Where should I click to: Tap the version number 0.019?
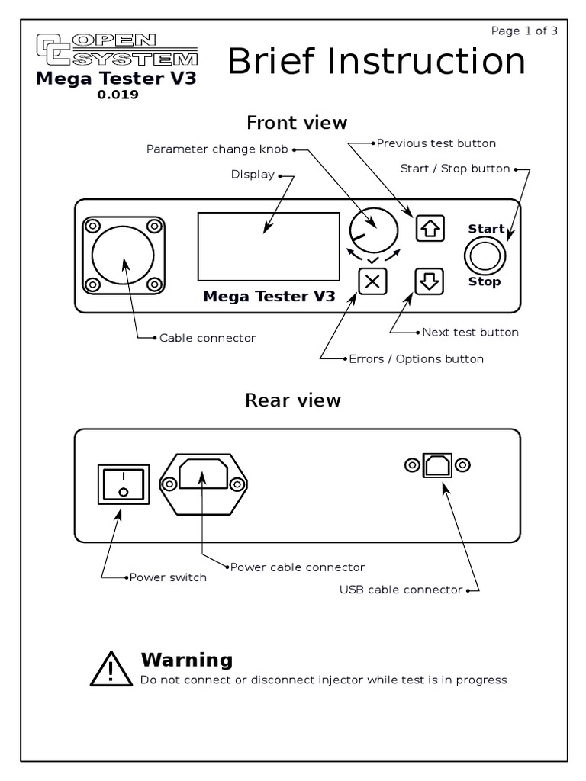118,96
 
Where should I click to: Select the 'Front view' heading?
297,122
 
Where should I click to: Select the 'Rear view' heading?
293,400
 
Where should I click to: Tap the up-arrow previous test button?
429,228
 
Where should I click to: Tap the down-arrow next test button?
429,281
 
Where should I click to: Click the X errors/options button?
372,281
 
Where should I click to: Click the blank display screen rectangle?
269,246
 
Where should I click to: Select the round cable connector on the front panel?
123,256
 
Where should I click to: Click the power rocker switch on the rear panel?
123,482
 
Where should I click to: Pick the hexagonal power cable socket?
203,483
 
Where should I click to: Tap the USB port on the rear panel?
437,464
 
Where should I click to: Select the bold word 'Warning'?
187,660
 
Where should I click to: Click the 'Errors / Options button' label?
416,358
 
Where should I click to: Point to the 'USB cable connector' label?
401,590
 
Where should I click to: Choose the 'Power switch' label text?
168,577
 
